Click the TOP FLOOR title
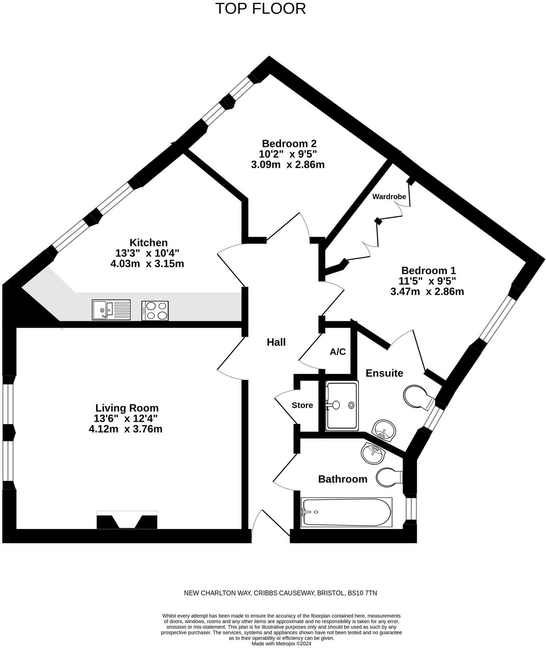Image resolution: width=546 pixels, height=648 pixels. click(x=260, y=8)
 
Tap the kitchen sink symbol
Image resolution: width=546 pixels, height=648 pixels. click(x=111, y=310)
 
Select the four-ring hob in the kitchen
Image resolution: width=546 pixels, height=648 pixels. click(x=155, y=310)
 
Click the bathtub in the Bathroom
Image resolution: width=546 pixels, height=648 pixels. click(x=346, y=512)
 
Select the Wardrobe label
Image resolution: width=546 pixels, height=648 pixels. click(x=389, y=197)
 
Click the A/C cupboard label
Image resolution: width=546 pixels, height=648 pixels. click(x=338, y=352)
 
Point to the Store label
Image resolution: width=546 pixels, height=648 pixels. click(x=302, y=405)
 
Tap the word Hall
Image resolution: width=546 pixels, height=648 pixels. click(x=276, y=342)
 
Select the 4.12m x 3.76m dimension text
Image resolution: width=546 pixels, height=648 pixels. click(x=126, y=429)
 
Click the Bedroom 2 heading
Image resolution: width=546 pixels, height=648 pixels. click(x=289, y=143)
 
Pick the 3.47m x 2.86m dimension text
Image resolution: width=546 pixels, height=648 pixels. click(x=427, y=292)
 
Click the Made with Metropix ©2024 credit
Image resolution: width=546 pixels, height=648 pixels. click(x=281, y=644)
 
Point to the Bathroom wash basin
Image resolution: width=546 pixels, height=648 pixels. click(x=373, y=454)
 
